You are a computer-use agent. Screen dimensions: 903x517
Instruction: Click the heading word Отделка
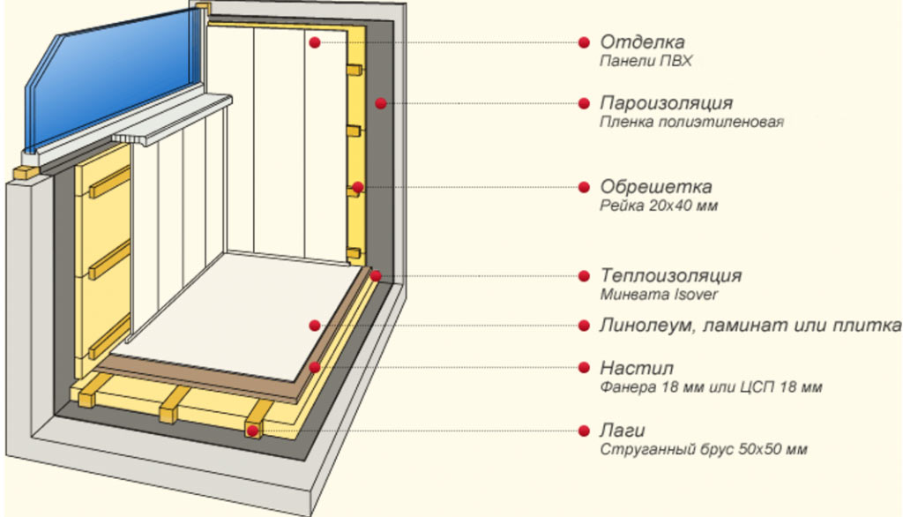tap(642, 42)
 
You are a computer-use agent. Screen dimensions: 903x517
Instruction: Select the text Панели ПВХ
tap(646, 61)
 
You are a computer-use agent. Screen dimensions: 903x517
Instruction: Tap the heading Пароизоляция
tap(667, 103)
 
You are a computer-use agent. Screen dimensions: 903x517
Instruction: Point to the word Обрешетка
tap(656, 187)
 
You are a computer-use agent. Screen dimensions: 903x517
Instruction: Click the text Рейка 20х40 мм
tap(659, 206)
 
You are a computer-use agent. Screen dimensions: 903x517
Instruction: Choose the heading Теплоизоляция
tap(671, 275)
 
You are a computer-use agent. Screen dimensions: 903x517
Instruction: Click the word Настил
tap(637, 368)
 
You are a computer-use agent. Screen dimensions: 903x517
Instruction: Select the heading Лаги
tap(623, 431)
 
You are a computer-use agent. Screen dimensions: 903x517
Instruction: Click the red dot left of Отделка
tap(584, 42)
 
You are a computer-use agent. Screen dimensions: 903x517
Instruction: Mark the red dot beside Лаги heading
tap(584, 431)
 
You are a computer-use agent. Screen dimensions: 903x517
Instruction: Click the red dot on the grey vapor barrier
tap(380, 103)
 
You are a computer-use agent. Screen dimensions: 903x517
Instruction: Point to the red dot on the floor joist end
tap(252, 431)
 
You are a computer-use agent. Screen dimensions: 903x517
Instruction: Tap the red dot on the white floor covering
tap(315, 326)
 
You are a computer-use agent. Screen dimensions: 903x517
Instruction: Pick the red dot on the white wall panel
tap(315, 42)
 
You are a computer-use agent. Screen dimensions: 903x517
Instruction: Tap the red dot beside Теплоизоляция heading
tap(584, 276)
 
